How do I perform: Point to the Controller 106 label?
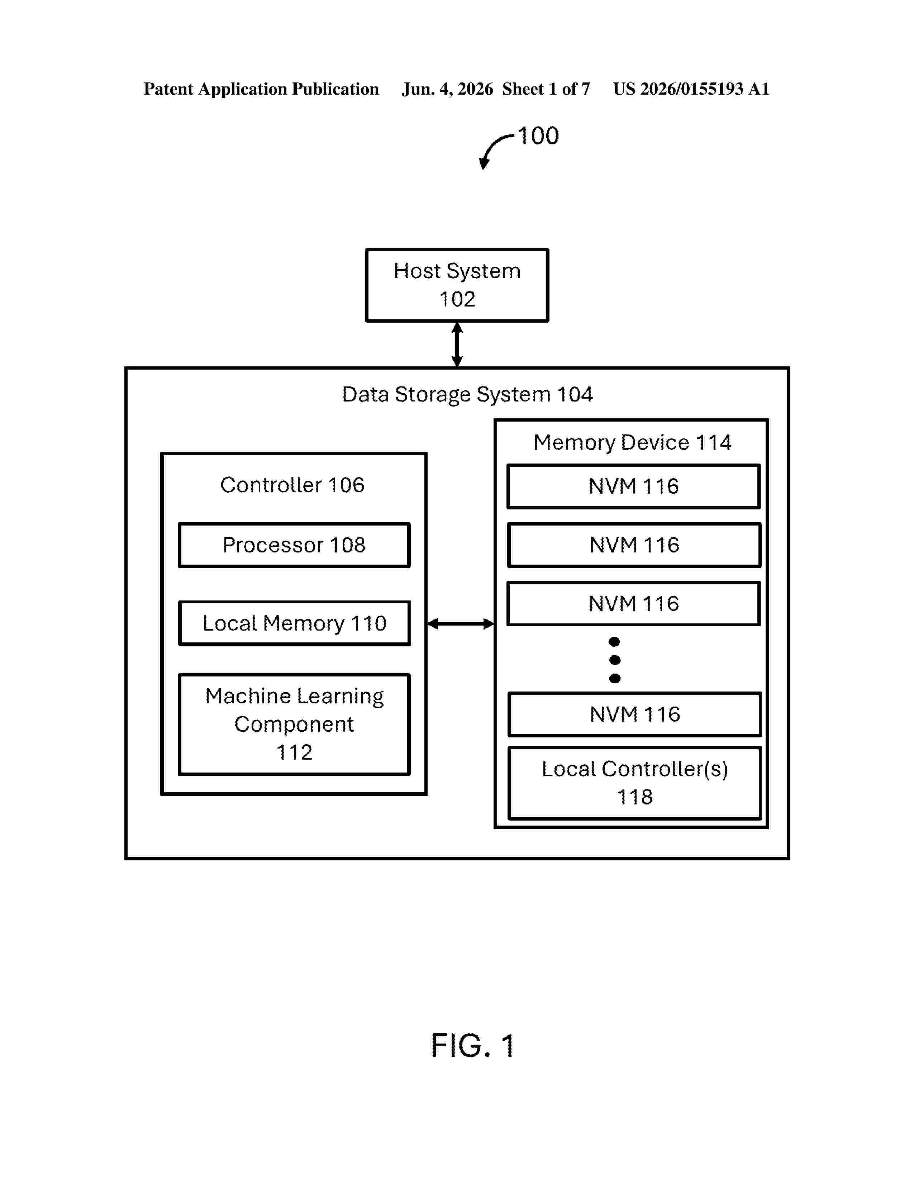pos(292,485)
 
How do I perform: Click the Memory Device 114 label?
pos(632,442)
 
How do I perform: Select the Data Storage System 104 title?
pos(467,394)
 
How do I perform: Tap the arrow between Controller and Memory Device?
pos(461,624)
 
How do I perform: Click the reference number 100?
pos(538,136)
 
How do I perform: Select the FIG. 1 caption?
pos(472,1045)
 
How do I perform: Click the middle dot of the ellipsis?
pos(615,660)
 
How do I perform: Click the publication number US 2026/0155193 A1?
pos(691,89)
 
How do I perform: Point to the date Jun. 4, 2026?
pos(447,89)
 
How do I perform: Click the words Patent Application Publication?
pos(261,89)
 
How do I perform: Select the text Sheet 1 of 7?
pos(546,89)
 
